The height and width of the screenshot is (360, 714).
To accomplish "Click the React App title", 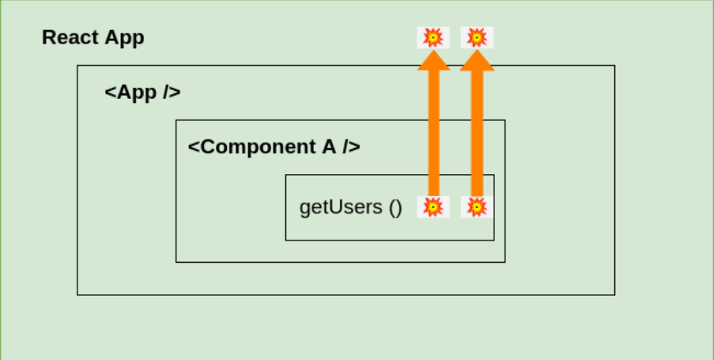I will point(93,38).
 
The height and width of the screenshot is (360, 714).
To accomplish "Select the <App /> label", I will point(142,93).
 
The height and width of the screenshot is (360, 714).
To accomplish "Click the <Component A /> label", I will point(274,147).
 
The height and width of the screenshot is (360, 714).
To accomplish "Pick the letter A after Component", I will point(329,147).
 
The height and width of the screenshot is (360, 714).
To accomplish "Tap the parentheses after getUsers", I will point(395,207).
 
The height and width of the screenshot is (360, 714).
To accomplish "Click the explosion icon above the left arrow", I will point(433,37).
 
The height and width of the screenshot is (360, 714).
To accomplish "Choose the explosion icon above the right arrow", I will point(477,37).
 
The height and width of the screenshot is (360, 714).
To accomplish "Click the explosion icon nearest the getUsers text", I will point(433,207).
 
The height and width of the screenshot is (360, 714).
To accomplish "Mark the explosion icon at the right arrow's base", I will point(477,207).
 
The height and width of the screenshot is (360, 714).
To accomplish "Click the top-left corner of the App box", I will point(77,66).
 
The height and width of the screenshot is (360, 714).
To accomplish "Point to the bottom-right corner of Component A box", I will point(504,262).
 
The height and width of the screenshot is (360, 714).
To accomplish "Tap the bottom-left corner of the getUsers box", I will point(286,240).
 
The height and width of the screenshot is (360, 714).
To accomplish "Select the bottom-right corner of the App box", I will point(614,294).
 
